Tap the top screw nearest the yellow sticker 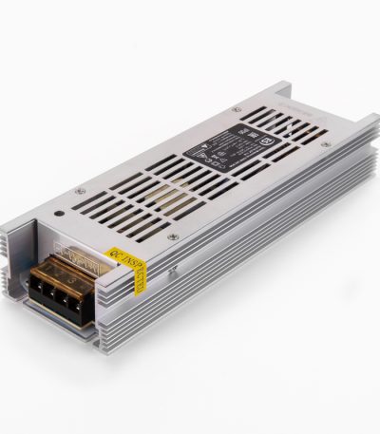[172, 236]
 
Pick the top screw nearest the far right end [327, 144]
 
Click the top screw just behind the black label [237, 110]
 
